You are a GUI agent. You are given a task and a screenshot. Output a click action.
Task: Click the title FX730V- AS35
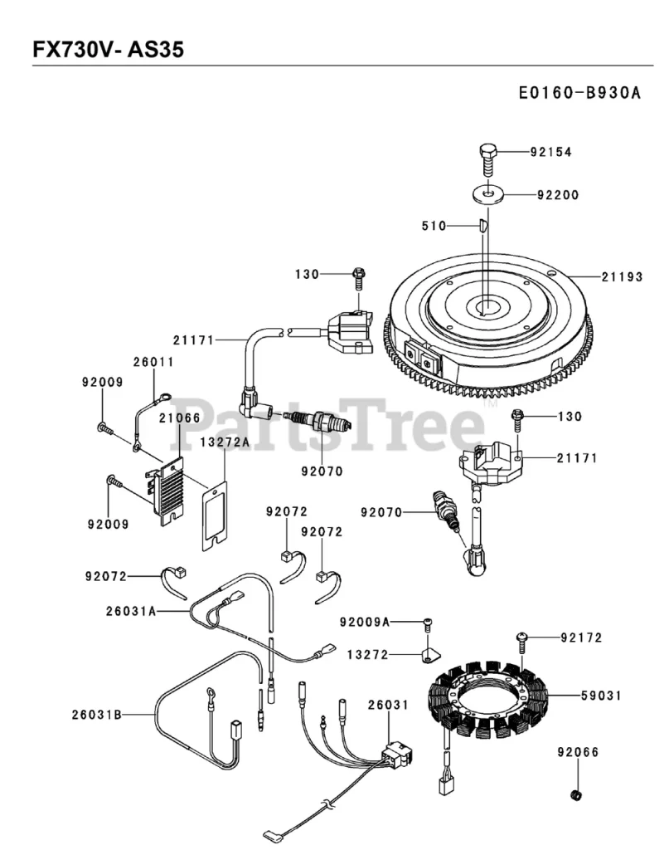tap(108, 50)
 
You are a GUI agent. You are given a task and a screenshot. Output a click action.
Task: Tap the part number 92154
tap(551, 152)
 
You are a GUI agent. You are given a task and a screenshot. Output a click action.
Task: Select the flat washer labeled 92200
tap(488, 194)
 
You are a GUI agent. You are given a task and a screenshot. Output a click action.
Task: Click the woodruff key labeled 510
tap(482, 224)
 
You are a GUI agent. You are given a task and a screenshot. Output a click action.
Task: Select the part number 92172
tap(581, 637)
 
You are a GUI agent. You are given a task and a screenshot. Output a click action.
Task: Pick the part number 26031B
tap(96, 714)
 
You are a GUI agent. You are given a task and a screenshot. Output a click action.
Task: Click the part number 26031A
tap(131, 611)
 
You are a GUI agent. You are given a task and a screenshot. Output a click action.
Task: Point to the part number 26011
tap(154, 362)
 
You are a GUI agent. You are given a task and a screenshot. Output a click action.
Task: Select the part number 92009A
tap(365, 622)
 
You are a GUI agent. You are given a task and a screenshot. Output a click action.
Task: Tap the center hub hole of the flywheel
tap(487, 306)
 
